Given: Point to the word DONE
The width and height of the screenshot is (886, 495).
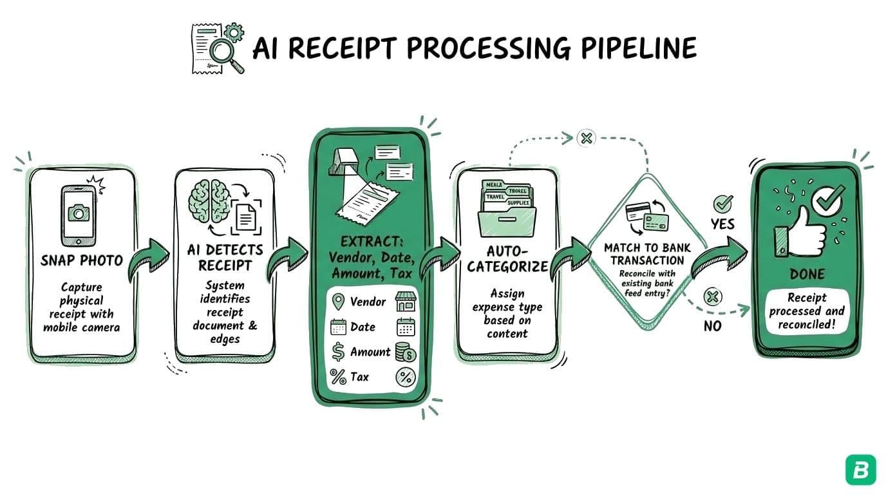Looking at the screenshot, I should coord(807,275).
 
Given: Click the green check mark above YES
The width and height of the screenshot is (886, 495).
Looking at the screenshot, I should coord(722,204).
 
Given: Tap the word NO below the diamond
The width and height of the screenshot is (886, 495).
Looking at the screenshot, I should coord(713,326).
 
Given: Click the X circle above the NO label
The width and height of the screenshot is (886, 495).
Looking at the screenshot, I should coord(713,297).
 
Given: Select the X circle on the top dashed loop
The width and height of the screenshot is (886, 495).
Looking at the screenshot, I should coord(586,137).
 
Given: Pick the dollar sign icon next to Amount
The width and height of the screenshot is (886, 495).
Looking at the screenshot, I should coord(338,352).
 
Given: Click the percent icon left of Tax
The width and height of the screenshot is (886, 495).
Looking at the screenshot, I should coord(338,377).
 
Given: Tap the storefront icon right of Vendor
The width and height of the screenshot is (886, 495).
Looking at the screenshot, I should coord(406,302).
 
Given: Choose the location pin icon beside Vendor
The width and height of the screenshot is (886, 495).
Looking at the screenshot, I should coord(338,302).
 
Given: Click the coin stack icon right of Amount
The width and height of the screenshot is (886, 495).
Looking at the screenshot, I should coord(406,352).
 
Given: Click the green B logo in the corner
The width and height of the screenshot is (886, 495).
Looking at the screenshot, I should coord(860,470).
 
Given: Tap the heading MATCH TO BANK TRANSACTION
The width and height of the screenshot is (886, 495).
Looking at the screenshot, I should coord(647,254).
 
